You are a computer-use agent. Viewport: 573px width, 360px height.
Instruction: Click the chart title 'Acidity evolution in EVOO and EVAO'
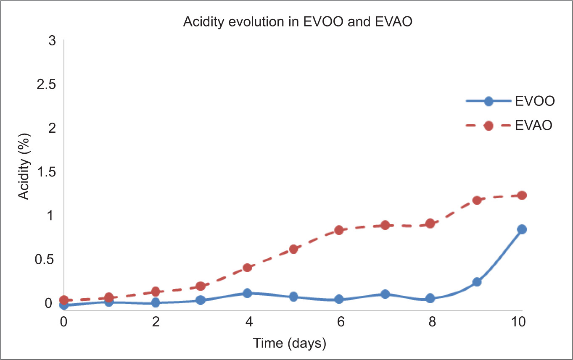pyautogui.click(x=298, y=21)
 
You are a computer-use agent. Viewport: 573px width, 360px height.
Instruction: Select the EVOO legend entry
pyautogui.click(x=510, y=101)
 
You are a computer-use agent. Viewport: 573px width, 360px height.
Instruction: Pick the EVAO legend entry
pyautogui.click(x=509, y=126)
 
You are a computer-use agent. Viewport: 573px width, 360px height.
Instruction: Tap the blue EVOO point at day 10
pyautogui.click(x=522, y=229)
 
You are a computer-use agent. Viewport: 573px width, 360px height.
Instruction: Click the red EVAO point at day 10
pyautogui.click(x=522, y=195)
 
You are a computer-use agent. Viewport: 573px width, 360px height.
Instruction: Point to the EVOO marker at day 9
pyautogui.click(x=477, y=282)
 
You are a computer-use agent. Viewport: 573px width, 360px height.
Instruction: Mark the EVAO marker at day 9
pyautogui.click(x=477, y=200)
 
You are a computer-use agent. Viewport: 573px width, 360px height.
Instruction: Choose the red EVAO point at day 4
pyautogui.click(x=247, y=268)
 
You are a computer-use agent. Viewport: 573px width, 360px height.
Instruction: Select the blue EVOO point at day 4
pyautogui.click(x=247, y=293)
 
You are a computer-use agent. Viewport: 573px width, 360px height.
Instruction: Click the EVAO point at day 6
pyautogui.click(x=339, y=230)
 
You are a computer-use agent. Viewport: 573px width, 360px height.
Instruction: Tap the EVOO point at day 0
pyautogui.click(x=64, y=305)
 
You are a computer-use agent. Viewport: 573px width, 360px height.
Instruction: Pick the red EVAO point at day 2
pyautogui.click(x=156, y=292)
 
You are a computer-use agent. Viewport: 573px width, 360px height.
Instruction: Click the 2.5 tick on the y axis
pyautogui.click(x=46, y=84)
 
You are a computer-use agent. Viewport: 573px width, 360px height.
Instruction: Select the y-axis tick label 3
pyautogui.click(x=52, y=41)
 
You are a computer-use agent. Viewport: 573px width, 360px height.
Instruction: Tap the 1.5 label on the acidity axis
pyautogui.click(x=46, y=172)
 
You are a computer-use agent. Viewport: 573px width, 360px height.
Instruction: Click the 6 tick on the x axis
pyautogui.click(x=341, y=321)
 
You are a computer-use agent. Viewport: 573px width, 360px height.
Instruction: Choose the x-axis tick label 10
pyautogui.click(x=518, y=321)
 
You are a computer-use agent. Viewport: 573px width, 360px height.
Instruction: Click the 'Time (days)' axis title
pyautogui.click(x=290, y=343)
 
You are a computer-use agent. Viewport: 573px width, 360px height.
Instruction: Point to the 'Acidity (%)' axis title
pyautogui.click(x=24, y=166)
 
